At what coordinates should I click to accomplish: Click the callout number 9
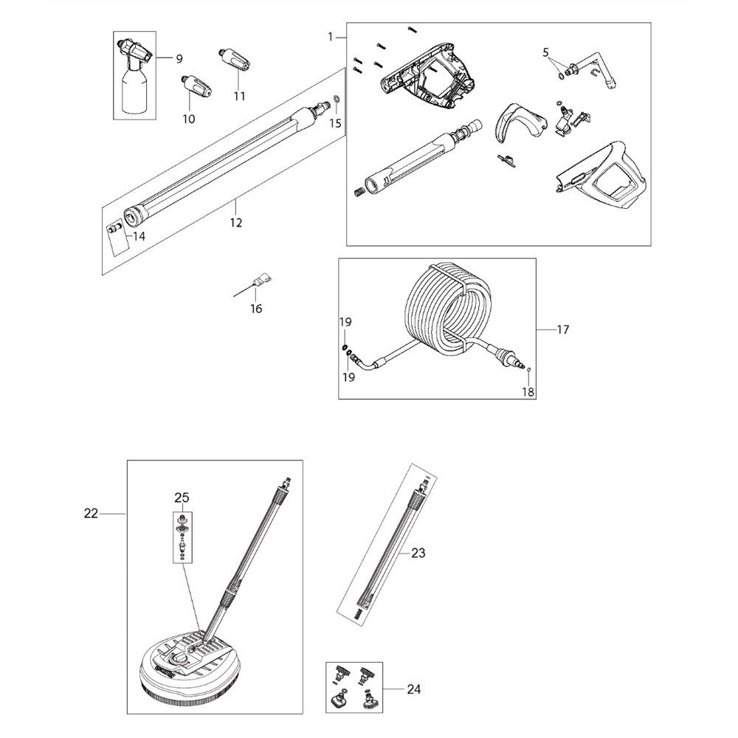pos(179,59)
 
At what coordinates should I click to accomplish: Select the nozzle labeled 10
pos(196,85)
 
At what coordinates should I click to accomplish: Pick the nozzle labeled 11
pos(235,58)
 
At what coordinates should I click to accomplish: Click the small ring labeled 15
pos(337,100)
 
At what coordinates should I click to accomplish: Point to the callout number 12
pos(236,223)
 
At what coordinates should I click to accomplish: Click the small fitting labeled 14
pos(114,230)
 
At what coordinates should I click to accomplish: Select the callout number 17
pos(562,330)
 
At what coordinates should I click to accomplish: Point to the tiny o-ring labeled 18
pos(529,370)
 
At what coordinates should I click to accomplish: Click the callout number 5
pos(545,52)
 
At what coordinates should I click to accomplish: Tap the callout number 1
pos(331,37)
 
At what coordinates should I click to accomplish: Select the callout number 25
pos(182,497)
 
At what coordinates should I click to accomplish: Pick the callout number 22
pos(91,514)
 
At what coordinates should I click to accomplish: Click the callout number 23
pos(418,553)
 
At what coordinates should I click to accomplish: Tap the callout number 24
pos(414,689)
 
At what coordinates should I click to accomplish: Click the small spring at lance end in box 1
pos(359,193)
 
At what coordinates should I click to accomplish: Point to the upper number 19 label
pos(345,323)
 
